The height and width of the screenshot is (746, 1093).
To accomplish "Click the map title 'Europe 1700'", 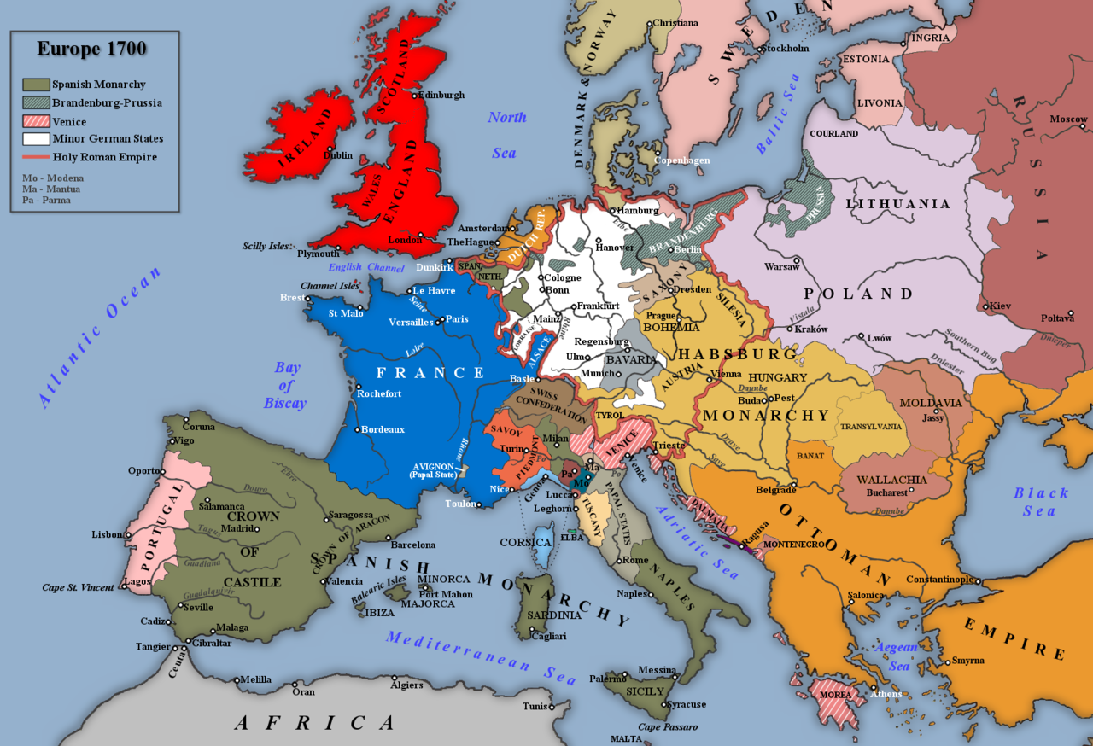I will coord(91,49).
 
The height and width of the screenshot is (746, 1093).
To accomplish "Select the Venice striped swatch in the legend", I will coord(35,122).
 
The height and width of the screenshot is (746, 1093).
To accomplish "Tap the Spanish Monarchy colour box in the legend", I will coord(35,85).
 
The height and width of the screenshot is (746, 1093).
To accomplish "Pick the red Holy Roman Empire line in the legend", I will coord(35,158).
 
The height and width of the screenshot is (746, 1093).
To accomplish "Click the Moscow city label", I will coord(1068,119).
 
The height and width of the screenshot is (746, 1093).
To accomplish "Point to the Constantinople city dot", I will coord(978,579).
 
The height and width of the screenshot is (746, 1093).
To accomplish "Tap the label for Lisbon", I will coord(108,534).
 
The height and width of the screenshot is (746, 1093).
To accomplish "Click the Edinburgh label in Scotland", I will coord(441,95).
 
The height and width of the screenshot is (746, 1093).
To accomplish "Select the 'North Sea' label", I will coord(506,135).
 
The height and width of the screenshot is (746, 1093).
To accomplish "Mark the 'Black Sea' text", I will coord(1041,502).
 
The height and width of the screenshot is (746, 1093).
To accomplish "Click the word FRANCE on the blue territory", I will coord(431,373).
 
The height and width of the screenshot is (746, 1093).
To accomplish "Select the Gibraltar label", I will coord(211,643).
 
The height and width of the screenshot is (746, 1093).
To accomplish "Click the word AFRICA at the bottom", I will coord(315,723).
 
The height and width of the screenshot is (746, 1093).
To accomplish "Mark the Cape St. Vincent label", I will coord(79,587).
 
